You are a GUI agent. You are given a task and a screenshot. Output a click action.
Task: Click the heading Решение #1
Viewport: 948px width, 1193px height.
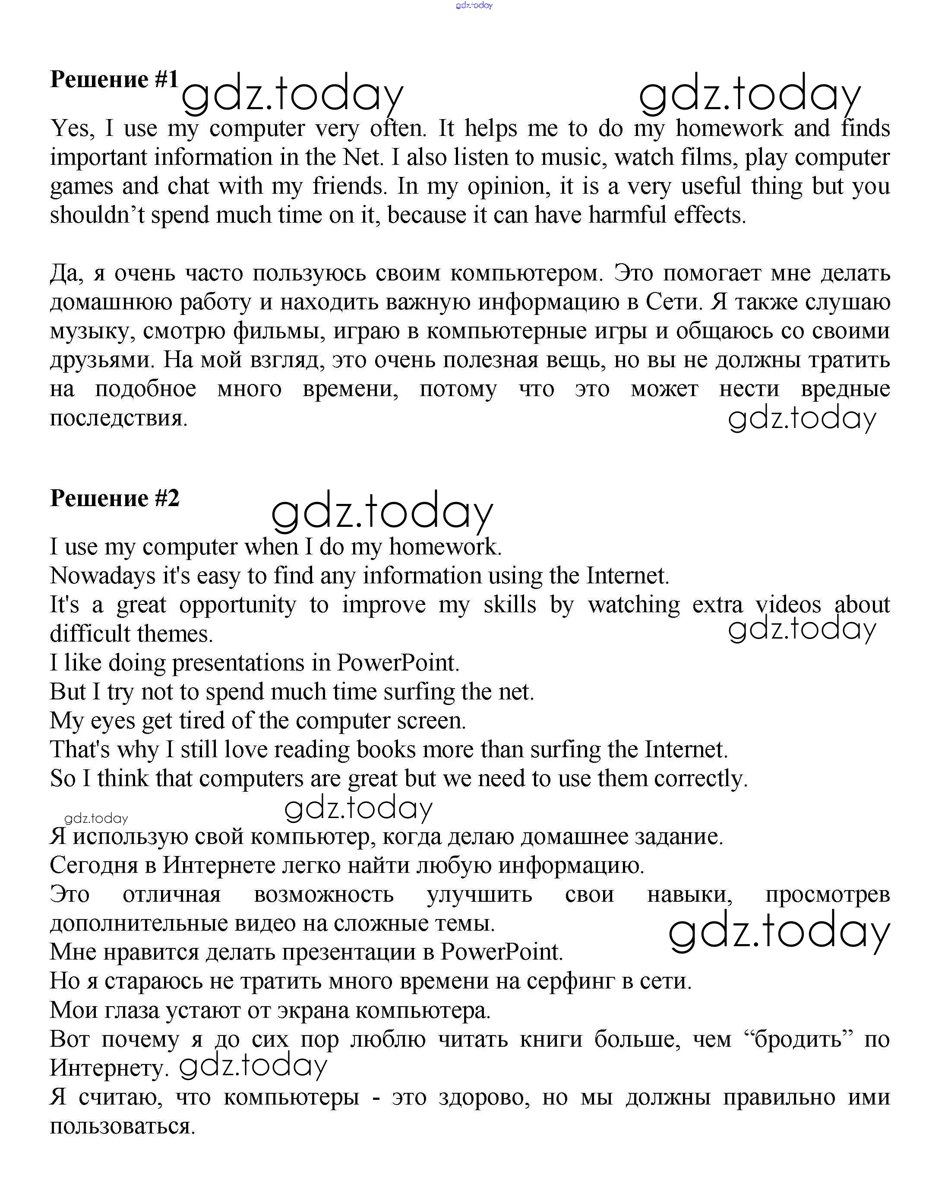coord(114,80)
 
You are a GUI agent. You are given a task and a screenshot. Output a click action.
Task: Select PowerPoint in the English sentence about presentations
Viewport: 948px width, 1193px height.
coord(398,663)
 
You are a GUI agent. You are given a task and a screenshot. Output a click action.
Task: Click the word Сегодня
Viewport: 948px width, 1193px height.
coord(94,866)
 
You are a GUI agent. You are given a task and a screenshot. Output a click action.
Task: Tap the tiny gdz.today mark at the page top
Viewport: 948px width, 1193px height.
coord(474,6)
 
